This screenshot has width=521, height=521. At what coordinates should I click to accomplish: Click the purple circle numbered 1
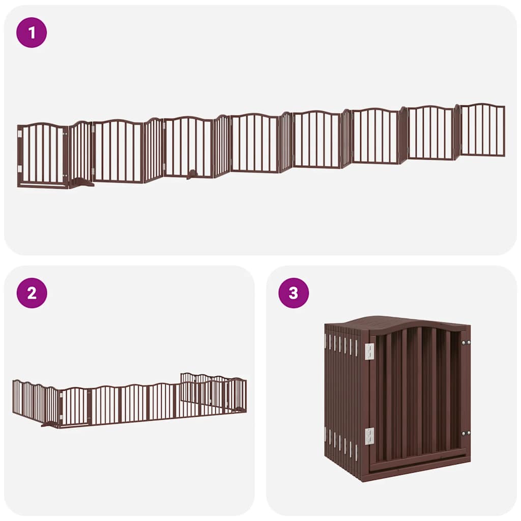coord(32,33)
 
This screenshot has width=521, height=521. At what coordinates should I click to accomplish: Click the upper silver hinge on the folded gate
coord(369,350)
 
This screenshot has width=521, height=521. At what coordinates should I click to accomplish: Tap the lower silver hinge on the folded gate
coord(369,436)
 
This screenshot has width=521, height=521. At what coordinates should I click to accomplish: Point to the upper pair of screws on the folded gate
coord(465,342)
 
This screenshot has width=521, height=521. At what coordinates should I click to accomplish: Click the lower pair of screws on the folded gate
coord(465,433)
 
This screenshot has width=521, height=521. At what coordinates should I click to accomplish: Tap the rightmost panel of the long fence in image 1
coord(482,130)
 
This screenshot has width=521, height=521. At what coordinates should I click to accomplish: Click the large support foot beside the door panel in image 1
coord(81,183)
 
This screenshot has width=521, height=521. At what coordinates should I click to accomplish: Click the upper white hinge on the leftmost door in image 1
coord(20,134)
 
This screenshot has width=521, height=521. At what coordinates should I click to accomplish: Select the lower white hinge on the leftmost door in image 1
coord(20,168)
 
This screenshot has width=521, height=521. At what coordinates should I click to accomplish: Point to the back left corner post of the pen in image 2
coord(14,396)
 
